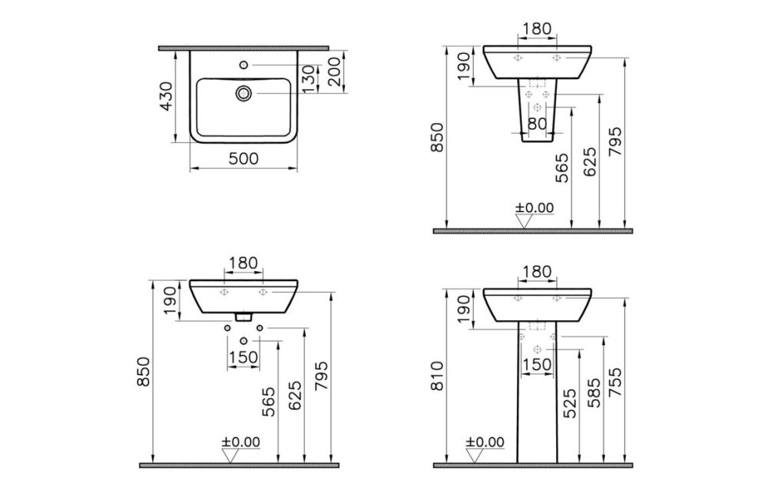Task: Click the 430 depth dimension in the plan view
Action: click(x=167, y=96)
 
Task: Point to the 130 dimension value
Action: click(x=308, y=78)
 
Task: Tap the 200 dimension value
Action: click(x=334, y=71)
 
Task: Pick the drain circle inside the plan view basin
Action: click(x=243, y=93)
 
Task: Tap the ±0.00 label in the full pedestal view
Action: click(x=485, y=442)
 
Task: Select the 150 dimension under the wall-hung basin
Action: click(x=243, y=357)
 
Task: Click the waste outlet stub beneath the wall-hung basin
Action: click(x=243, y=315)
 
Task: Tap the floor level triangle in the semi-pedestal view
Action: click(x=525, y=221)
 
